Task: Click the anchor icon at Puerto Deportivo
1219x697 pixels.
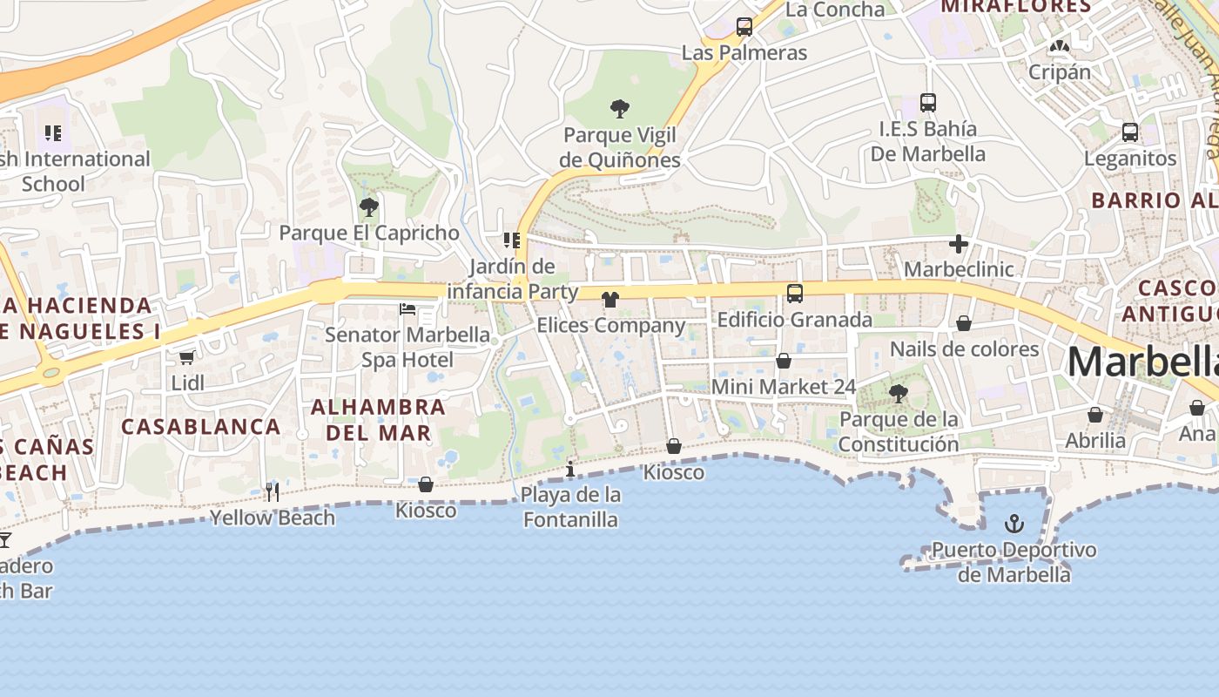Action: tap(1014, 524)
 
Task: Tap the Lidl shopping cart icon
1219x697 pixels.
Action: tap(186, 357)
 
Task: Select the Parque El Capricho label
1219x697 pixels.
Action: tap(368, 233)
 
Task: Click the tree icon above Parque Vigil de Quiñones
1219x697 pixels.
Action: tap(620, 109)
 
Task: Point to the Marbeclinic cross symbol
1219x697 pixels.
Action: tap(959, 244)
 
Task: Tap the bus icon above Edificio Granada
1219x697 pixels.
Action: tap(794, 294)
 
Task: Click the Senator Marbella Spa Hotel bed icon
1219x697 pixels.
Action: tap(407, 309)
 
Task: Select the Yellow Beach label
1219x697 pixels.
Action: tap(273, 518)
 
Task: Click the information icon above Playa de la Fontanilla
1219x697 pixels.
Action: tap(570, 470)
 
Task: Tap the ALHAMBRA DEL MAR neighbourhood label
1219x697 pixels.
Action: tap(378, 420)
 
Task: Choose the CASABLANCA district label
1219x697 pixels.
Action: tap(201, 427)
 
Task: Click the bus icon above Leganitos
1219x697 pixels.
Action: tap(1129, 132)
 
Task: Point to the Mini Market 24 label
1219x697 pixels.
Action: tap(784, 386)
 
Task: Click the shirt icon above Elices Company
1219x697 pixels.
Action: tap(610, 300)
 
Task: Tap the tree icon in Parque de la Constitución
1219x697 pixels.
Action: tap(898, 394)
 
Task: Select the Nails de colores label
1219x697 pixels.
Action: tap(964, 349)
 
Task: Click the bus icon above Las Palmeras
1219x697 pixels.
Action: tap(744, 27)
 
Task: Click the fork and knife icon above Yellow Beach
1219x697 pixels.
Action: tap(273, 492)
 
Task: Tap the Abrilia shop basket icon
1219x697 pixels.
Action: tap(1095, 415)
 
